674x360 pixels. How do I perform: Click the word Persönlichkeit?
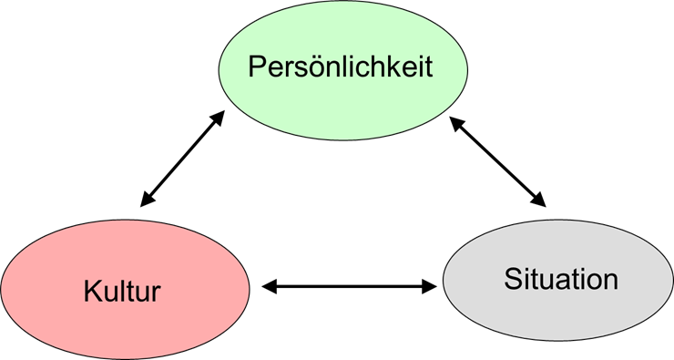point(340,67)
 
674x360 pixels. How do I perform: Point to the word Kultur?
point(122,293)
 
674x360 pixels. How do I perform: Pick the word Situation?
point(560,279)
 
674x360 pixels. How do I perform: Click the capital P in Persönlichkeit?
point(257,67)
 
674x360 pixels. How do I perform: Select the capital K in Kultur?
point(91,293)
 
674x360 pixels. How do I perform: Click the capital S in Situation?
point(512,279)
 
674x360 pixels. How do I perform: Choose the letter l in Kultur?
point(118,293)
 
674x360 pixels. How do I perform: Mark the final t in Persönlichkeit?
point(426,68)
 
